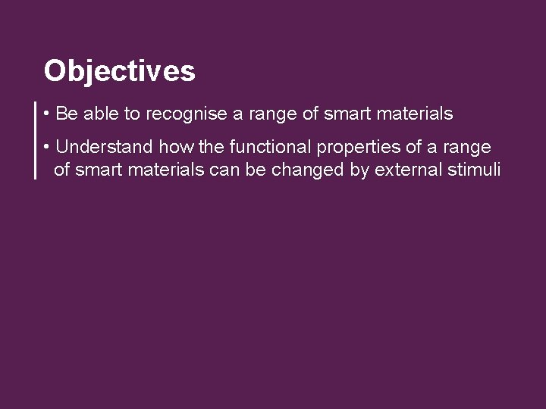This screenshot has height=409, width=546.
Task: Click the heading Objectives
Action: click(119, 71)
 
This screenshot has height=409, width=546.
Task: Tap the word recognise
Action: click(181, 114)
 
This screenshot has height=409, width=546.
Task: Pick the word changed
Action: click(307, 170)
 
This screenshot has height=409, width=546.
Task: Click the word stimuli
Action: click(474, 170)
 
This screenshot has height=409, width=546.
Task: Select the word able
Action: click(99, 114)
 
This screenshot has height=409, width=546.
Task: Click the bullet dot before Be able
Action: click(48, 114)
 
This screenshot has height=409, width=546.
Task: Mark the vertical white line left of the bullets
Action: click(36, 140)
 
